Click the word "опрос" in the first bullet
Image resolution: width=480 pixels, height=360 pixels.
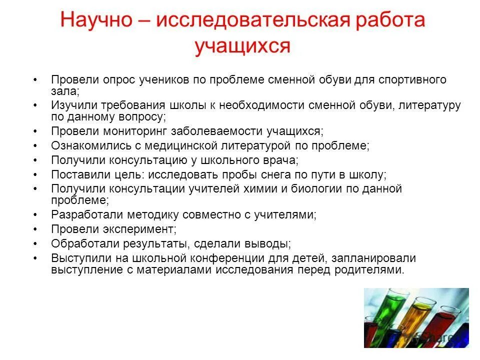[x=116, y=80]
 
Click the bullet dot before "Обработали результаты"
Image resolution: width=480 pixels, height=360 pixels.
[x=35, y=244]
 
